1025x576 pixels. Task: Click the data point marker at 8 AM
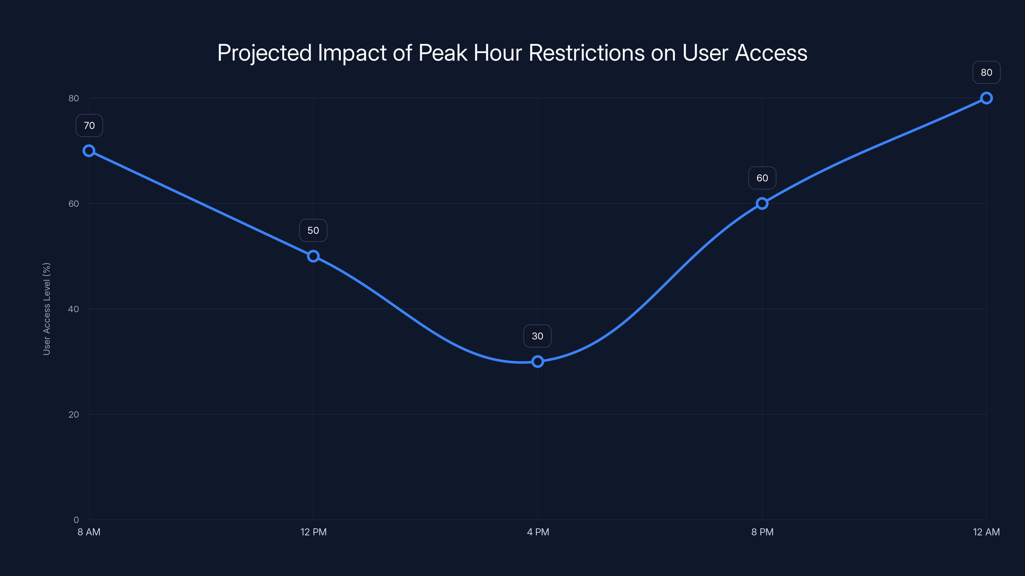point(89,151)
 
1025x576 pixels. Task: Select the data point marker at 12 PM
point(313,256)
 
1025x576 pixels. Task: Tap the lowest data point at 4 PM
point(537,361)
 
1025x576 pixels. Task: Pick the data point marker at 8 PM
point(762,204)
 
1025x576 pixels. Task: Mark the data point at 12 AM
point(987,98)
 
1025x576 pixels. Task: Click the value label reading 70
point(89,126)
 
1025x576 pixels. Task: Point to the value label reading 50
point(313,230)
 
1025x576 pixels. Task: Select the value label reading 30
point(537,336)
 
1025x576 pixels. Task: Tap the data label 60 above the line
point(762,178)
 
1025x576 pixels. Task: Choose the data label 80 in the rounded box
point(987,72)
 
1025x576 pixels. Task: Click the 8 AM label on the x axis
point(89,532)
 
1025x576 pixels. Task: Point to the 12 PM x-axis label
point(313,532)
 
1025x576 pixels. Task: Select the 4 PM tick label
point(537,532)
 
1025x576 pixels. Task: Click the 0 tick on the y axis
point(76,520)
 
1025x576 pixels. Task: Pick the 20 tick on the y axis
point(74,414)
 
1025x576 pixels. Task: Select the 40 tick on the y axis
point(74,309)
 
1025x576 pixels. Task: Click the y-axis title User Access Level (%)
point(46,309)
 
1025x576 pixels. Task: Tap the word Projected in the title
point(264,53)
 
